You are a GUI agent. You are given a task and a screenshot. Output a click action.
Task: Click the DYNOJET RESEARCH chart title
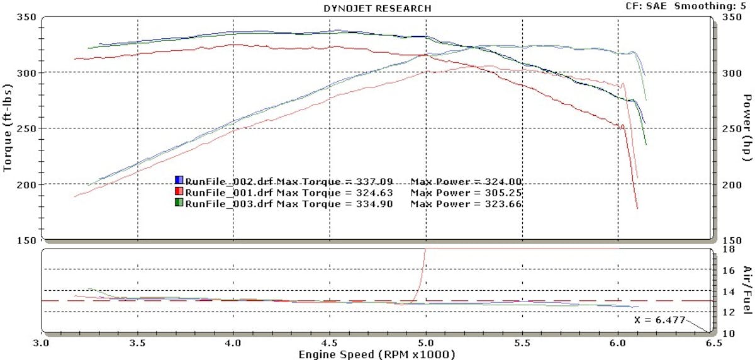tap(377, 8)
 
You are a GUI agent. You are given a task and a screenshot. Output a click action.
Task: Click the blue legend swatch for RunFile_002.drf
tap(179, 181)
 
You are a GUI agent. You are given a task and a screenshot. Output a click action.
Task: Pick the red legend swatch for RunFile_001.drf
tap(179, 193)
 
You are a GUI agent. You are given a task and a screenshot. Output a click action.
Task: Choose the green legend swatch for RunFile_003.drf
tap(179, 204)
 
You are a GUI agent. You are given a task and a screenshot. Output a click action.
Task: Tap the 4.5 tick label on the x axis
tap(330, 344)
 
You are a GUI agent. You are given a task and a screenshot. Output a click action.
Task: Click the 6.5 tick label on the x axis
tap(713, 344)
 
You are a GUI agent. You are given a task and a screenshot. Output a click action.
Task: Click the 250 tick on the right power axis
tap(728, 129)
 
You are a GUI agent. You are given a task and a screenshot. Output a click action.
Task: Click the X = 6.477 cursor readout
tap(656, 319)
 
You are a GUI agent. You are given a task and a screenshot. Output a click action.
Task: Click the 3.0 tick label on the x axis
tap(42, 344)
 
